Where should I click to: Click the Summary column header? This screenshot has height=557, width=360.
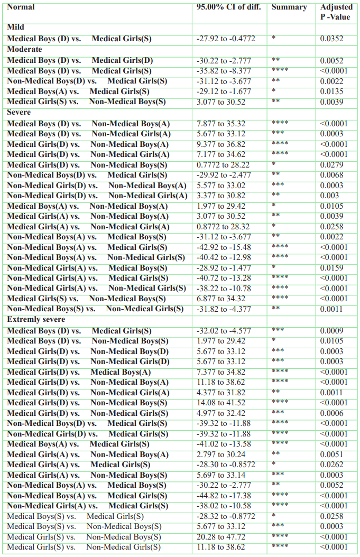pyautogui.click(x=289, y=7)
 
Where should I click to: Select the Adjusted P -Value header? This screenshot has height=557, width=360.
pyautogui.click(x=336, y=12)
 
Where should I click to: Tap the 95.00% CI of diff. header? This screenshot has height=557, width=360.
pyautogui.click(x=228, y=7)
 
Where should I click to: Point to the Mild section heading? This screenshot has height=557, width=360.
pyautogui.click(x=16, y=27)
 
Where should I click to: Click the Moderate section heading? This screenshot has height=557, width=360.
pyautogui.click(x=24, y=49)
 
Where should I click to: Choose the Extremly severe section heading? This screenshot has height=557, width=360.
pyautogui.click(x=36, y=320)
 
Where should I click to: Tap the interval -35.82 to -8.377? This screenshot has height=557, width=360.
pyautogui.click(x=220, y=71)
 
